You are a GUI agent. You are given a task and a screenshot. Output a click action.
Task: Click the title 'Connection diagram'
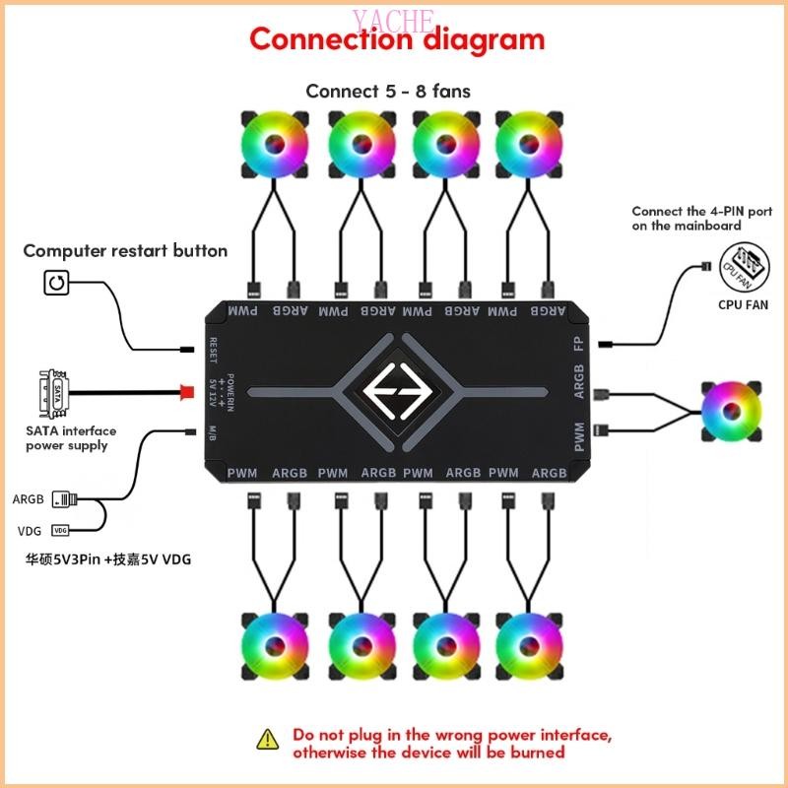(396, 39)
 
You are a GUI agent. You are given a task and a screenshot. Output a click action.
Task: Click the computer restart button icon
(57, 285)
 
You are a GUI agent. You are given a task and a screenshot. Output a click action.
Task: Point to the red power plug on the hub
(186, 390)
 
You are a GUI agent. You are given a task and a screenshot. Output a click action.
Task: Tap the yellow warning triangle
(267, 739)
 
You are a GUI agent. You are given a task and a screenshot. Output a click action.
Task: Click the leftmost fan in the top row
(273, 144)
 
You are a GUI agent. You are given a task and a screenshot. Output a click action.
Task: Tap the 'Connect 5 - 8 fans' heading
(388, 91)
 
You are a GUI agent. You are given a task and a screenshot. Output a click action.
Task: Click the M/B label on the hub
(214, 431)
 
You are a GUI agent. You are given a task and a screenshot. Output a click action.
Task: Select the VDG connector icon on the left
(61, 530)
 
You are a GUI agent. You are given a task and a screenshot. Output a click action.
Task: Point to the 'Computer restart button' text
(125, 251)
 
